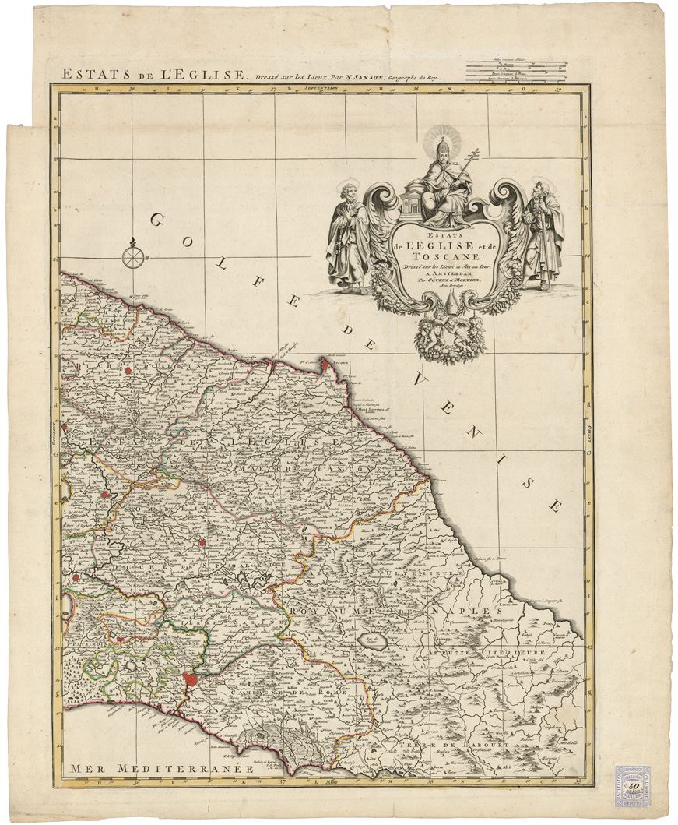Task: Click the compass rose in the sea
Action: (134, 254)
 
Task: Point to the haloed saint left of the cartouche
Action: (348, 234)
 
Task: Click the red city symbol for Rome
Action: (189, 679)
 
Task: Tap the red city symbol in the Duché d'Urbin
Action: (128, 372)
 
